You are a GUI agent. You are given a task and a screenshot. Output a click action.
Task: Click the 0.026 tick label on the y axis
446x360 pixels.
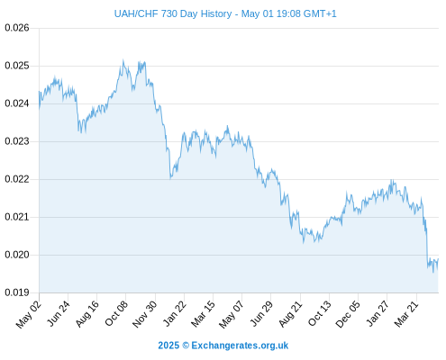17,28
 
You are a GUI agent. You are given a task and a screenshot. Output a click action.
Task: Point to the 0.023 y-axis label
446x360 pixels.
17,141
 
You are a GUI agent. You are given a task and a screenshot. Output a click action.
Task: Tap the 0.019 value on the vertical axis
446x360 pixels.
17,292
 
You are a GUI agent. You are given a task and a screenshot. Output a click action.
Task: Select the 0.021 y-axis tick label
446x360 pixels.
17,217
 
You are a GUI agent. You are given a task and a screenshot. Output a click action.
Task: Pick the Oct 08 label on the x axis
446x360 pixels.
116,313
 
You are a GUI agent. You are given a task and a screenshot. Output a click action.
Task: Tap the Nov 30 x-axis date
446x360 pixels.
144,314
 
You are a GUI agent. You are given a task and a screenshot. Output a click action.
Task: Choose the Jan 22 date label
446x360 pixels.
174,313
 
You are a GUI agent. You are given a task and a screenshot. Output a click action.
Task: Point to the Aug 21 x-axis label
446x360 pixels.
290,313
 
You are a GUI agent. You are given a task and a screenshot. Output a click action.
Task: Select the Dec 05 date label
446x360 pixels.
348,314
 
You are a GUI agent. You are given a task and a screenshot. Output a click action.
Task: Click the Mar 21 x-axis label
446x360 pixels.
406,313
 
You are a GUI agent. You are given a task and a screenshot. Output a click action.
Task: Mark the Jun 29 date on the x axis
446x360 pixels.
261,313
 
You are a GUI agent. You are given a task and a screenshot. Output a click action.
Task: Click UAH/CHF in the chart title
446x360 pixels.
136,13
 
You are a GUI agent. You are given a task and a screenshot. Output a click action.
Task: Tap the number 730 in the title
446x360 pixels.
169,13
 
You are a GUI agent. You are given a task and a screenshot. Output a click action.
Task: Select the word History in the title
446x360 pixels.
216,14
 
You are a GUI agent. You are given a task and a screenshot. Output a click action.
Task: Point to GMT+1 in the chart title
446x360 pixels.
320,13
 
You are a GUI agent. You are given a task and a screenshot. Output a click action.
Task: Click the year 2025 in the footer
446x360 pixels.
168,346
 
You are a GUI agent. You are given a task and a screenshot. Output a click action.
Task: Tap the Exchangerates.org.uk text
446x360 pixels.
240,346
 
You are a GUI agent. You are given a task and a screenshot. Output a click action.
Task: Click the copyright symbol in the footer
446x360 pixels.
186,346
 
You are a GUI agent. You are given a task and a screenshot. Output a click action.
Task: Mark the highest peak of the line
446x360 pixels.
123,60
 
